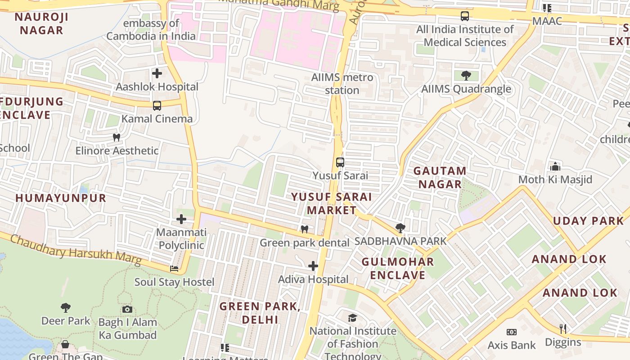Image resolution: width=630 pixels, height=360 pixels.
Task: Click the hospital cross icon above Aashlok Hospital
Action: [x=157, y=73]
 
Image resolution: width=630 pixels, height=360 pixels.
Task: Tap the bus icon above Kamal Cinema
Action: [x=157, y=106]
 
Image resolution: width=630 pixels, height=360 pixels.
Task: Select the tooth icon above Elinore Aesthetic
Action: [x=117, y=137]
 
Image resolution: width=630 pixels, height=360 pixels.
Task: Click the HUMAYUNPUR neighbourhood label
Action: [x=61, y=198]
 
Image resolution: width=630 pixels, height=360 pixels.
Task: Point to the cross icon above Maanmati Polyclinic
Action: [x=181, y=219]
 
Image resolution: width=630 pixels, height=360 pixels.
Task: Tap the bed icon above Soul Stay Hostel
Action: [x=174, y=269]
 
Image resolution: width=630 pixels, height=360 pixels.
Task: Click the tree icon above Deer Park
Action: [x=66, y=308]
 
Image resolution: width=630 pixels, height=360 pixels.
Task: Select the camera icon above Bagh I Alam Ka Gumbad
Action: [x=127, y=309]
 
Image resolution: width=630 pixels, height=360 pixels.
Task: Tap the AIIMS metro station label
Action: [x=342, y=84]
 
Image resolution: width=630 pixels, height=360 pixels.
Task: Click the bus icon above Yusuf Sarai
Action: [x=340, y=162]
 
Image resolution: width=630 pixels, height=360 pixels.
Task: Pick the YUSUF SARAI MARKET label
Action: [x=332, y=203]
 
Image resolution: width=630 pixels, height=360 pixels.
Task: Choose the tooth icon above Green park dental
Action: [x=305, y=229]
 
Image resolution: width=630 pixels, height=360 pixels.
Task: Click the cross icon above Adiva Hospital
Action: [x=313, y=266]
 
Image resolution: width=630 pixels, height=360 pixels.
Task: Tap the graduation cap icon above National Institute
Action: [x=353, y=318]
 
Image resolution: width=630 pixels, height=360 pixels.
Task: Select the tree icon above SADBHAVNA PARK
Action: [x=400, y=228]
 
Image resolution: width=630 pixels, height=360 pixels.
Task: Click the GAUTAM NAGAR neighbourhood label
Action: [x=440, y=177]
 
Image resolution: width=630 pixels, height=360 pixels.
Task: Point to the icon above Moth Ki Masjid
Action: [x=555, y=166]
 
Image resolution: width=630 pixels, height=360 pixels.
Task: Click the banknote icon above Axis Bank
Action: [x=512, y=332]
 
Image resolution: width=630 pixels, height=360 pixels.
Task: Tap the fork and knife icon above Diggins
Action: [x=562, y=329]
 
